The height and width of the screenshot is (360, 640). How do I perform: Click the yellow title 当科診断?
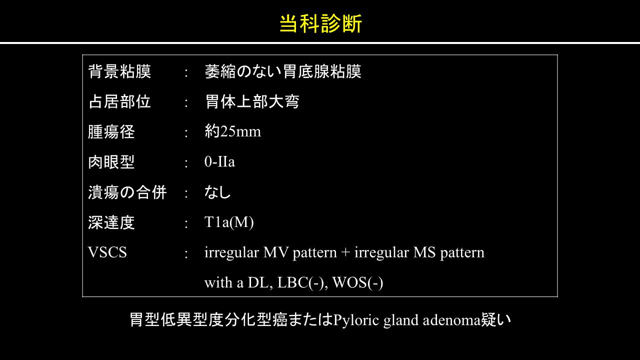(320, 23)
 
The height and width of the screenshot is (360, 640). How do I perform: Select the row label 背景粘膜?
(119, 71)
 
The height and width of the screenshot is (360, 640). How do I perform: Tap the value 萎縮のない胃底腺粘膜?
(283, 71)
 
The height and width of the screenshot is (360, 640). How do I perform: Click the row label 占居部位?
(119, 101)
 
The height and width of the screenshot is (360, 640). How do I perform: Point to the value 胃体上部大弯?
(252, 101)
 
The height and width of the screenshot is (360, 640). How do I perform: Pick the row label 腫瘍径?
(111, 132)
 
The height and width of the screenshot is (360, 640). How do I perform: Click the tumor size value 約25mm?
(233, 131)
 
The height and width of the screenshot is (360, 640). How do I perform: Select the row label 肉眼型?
(111, 162)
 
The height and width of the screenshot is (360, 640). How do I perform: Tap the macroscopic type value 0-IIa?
(219, 161)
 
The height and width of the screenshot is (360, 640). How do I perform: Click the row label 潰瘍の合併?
(127, 192)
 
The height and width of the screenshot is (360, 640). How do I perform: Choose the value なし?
(217, 192)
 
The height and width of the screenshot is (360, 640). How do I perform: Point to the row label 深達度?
(111, 222)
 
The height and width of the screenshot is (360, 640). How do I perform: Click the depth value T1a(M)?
(229, 222)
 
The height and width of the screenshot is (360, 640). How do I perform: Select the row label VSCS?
(107, 252)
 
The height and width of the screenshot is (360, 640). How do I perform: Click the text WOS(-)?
(357, 283)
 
